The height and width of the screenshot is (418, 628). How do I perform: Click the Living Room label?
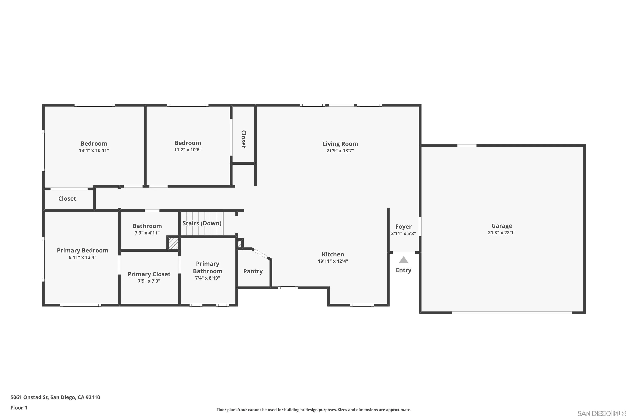coord(340,144)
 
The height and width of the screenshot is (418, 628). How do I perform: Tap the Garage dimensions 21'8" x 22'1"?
coord(501,232)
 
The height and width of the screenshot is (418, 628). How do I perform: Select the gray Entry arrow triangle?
coord(403,260)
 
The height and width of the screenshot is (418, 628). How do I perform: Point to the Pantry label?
coord(253,271)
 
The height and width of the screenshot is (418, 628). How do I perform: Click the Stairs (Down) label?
coord(202,223)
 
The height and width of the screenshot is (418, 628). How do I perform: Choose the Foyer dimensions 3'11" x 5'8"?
coord(403,233)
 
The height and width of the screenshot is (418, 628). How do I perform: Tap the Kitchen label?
coord(333,254)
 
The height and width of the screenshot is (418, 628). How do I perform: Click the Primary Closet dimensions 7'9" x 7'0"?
coord(149,281)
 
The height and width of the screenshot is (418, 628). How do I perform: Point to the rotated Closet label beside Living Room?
coord(243,139)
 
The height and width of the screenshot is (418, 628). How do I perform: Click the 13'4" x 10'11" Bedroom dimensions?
coord(94,150)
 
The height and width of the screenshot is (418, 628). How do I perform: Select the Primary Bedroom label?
coord(82,250)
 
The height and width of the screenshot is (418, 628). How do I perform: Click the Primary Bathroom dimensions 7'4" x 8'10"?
coord(207,278)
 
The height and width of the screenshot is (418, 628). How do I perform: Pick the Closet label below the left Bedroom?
coord(67,199)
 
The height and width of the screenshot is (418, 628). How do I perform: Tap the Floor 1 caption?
coord(19,408)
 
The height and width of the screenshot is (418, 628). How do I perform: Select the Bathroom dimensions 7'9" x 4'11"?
coord(147,233)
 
